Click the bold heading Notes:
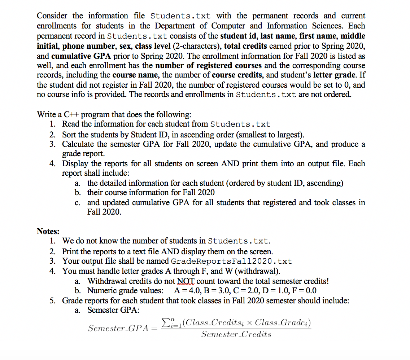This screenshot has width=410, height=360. coord(48,231)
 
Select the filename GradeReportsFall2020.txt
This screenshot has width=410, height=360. coord(231,261)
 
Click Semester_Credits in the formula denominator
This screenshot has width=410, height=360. coord(236,334)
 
